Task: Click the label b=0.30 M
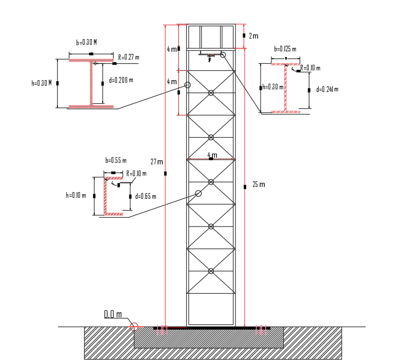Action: tap(86, 43)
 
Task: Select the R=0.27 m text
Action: tap(129, 57)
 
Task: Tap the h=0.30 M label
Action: tap(42, 83)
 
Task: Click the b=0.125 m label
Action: tap(285, 49)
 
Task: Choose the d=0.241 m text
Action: tap(327, 89)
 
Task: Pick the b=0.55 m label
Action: tap(115, 161)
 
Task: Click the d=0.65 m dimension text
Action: tap(146, 196)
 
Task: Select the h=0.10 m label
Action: tap(75, 195)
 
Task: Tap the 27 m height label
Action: tap(156, 162)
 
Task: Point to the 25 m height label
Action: tap(259, 184)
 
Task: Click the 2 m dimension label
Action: tap(253, 36)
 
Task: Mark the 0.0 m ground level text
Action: tap(113, 314)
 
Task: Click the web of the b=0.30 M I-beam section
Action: tap(91, 84)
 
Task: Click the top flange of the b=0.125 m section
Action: tap(285, 64)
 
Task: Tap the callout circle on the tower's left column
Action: tap(187, 85)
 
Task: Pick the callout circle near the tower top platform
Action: tap(223, 54)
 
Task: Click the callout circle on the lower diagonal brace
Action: tap(199, 194)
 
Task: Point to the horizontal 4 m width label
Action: tap(212, 155)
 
